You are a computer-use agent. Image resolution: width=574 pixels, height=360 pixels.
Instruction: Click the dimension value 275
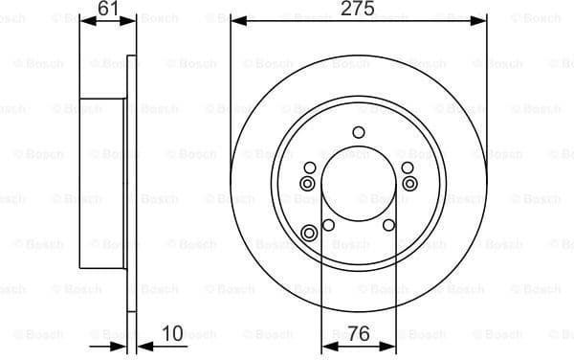tap(359, 9)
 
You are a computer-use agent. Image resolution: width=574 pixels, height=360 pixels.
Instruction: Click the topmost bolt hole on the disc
tap(359, 133)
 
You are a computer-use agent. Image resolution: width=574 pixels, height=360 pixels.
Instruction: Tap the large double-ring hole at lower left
tap(309, 233)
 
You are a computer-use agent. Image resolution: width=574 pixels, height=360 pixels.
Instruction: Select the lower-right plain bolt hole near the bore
tap(388, 226)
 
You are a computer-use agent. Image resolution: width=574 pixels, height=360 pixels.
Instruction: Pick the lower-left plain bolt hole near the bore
tap(328, 226)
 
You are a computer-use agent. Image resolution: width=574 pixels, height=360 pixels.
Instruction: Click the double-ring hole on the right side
tap(409, 183)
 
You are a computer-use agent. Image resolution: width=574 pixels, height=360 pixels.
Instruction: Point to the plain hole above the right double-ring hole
tap(408, 168)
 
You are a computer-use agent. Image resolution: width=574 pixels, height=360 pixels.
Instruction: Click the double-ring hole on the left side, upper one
tap(308, 183)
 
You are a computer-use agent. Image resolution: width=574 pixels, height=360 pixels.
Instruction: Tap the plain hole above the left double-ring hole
tap(309, 168)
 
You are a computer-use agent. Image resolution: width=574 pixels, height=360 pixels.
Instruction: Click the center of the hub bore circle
tap(359, 186)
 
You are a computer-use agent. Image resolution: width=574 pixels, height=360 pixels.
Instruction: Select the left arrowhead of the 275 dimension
tap(236, 19)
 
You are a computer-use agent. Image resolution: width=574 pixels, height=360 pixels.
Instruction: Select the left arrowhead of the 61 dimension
tap(83, 19)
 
